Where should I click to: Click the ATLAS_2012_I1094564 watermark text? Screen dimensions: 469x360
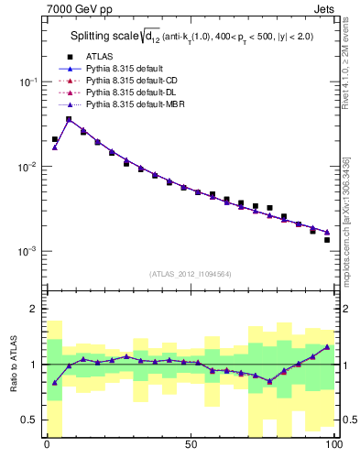click(190, 273)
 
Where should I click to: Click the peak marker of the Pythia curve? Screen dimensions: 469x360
click(69, 119)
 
